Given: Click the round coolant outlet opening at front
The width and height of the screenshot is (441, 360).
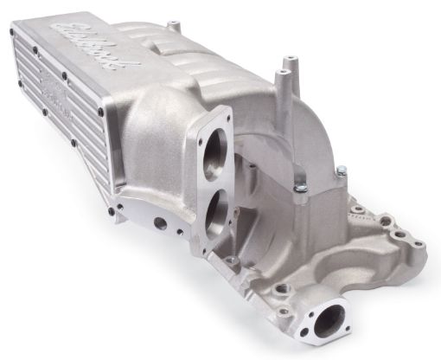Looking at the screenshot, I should coord(329,324).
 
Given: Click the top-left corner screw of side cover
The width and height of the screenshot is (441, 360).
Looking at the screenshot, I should coord(12,33).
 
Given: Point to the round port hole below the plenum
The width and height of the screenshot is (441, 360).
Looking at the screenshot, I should coord(161,222).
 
